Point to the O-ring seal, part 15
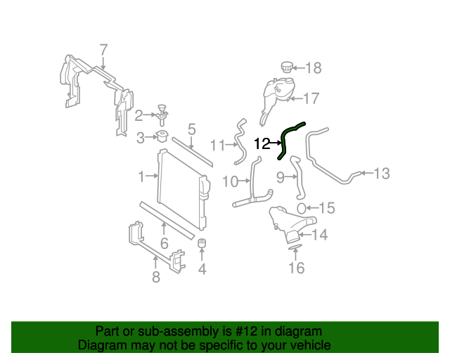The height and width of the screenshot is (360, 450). click(x=301, y=208)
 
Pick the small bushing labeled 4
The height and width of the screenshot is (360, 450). click(x=202, y=244)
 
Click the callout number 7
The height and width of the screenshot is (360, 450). click(x=103, y=50)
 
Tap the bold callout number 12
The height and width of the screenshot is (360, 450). click(x=262, y=144)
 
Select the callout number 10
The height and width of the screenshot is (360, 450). click(x=230, y=181)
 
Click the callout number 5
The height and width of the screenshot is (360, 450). click(x=191, y=129)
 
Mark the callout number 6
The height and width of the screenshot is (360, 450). click(x=165, y=244)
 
